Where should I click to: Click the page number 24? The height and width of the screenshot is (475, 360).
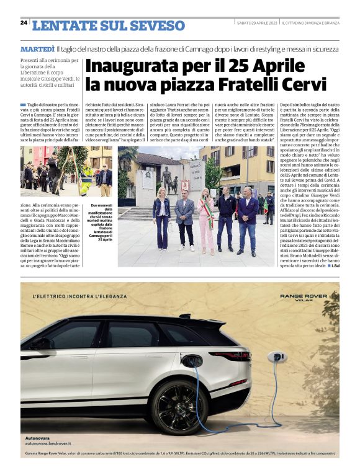point(24,23)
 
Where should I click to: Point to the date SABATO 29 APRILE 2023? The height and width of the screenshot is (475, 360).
point(257,23)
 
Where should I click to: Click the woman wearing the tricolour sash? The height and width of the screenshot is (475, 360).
point(204,223)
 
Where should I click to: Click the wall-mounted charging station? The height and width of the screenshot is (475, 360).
point(274,358)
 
